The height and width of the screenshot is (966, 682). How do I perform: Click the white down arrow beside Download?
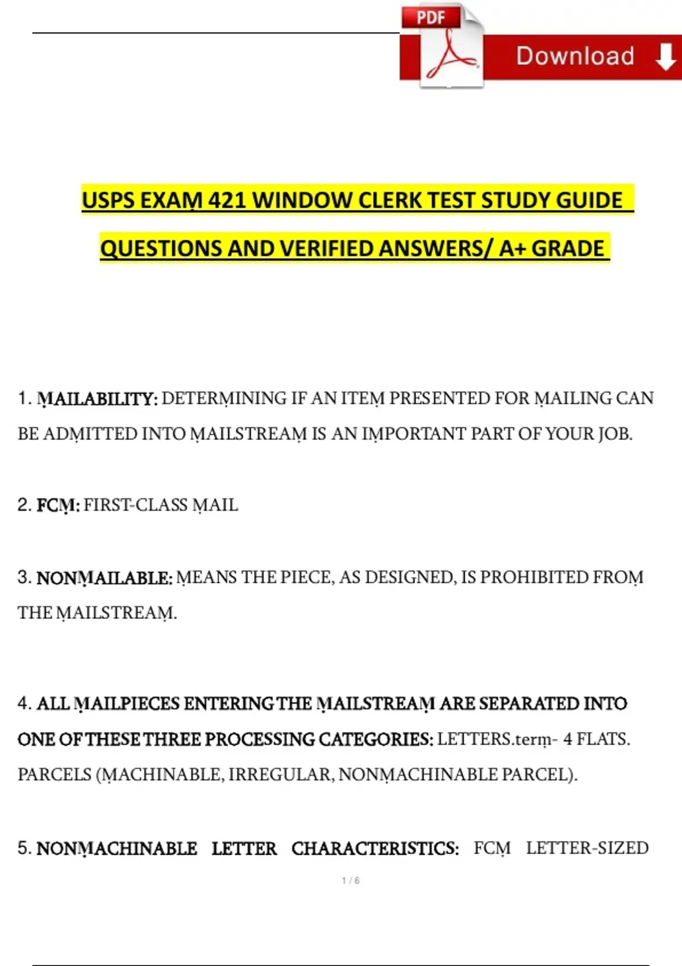pyautogui.click(x=666, y=57)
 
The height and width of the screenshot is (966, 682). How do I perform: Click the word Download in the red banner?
pyautogui.click(x=575, y=56)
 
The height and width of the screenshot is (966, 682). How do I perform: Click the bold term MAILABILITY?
pyautogui.click(x=97, y=399)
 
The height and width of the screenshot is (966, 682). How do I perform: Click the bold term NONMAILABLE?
pyautogui.click(x=104, y=578)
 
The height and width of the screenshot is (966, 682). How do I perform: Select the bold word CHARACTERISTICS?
pyautogui.click(x=375, y=848)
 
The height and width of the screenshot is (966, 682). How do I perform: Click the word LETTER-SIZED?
pyautogui.click(x=587, y=848)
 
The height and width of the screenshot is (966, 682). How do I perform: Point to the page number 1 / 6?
pyautogui.click(x=351, y=880)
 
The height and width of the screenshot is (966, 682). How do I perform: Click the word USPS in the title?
pyautogui.click(x=108, y=201)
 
